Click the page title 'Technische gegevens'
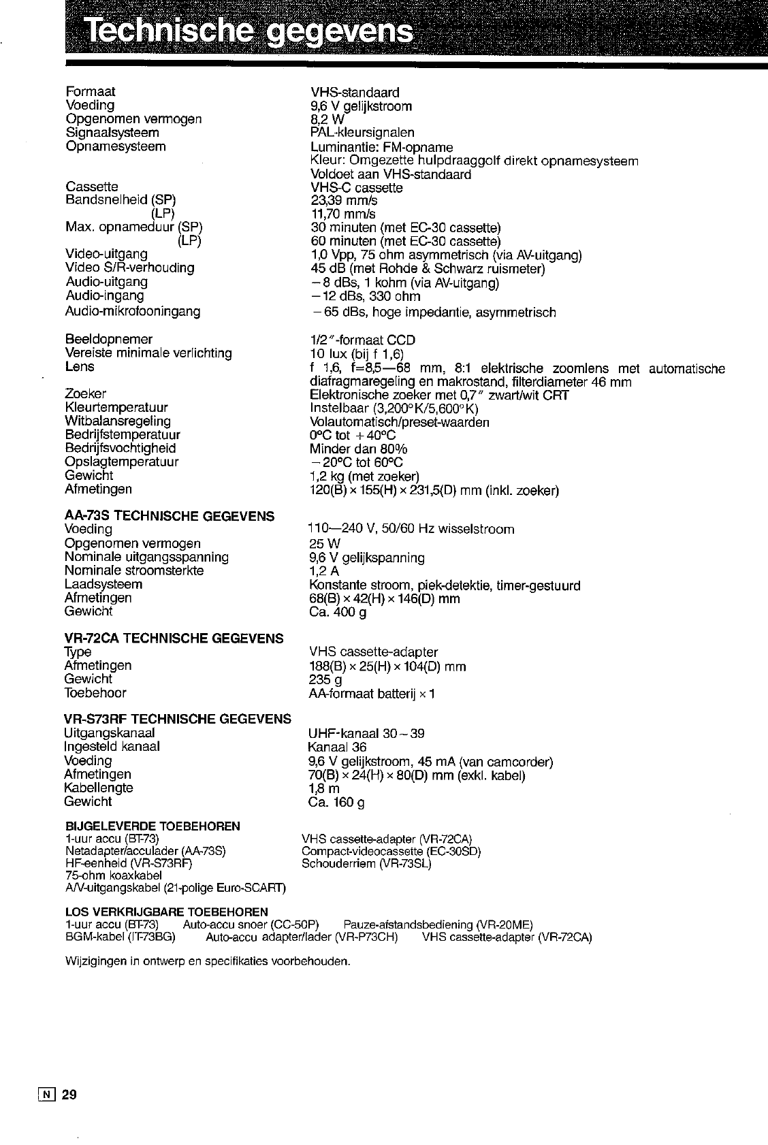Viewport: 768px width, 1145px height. tap(249, 31)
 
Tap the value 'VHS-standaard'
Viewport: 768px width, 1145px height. tap(355, 92)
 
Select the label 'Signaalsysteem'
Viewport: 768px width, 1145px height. tap(112, 132)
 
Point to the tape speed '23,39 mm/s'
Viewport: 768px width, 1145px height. tap(344, 201)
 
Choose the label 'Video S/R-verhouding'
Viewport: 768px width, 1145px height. tap(129, 268)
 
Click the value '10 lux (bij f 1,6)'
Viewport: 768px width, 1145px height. tap(357, 354)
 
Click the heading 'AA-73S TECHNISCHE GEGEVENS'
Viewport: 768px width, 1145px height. tap(170, 516)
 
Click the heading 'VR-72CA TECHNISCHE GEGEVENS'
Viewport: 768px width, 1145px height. tap(174, 639)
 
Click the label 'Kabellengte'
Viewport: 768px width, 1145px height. tap(99, 788)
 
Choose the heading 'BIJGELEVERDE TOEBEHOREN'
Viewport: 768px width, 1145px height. tap(152, 826)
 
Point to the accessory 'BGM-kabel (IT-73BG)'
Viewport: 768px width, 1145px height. tap(120, 937)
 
